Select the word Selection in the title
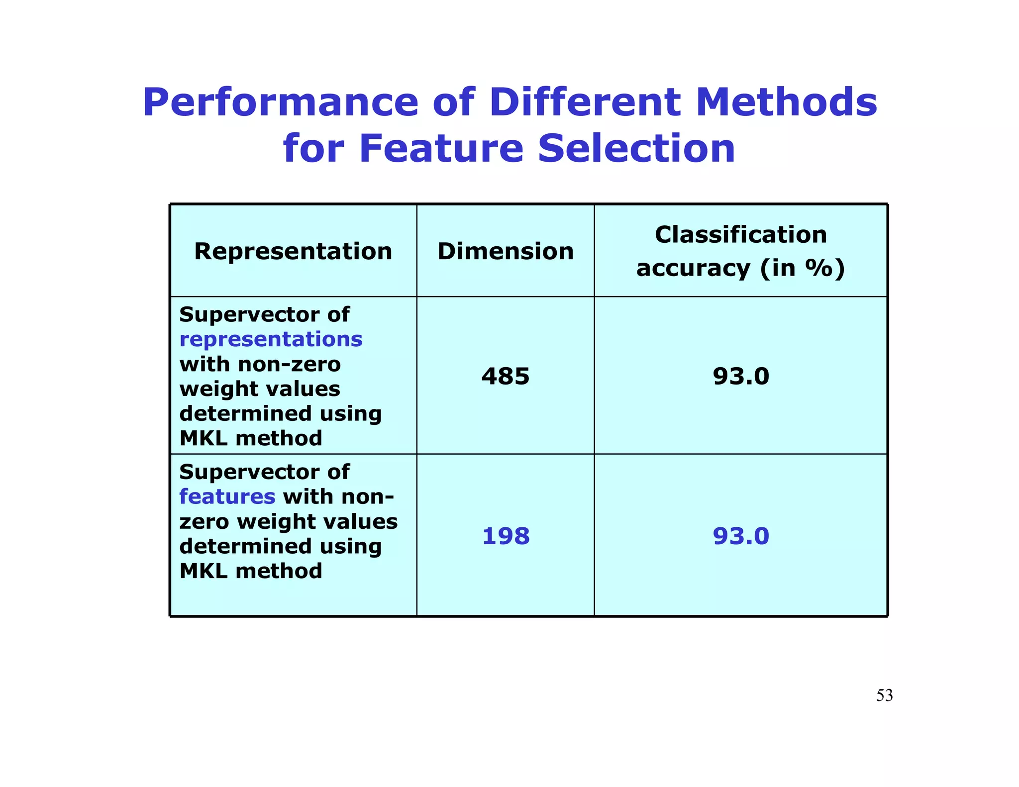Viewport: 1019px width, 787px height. pos(636,148)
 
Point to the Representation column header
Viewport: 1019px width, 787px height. pos(293,251)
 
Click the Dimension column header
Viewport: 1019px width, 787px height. pos(506,251)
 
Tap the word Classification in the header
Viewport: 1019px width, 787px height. pos(740,234)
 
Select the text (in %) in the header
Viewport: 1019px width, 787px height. pos(802,268)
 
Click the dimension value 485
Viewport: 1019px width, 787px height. pos(506,376)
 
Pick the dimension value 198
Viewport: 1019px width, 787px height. pos(506,536)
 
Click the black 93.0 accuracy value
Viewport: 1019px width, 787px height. pos(741,376)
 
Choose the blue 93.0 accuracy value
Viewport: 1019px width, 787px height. pos(741,536)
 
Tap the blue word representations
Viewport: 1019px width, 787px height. pos(271,340)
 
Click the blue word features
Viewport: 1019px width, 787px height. pos(227,496)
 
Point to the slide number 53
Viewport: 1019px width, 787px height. pos(884,695)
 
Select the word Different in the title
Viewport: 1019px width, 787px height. pos(585,102)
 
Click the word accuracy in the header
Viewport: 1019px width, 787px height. pos(693,268)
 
